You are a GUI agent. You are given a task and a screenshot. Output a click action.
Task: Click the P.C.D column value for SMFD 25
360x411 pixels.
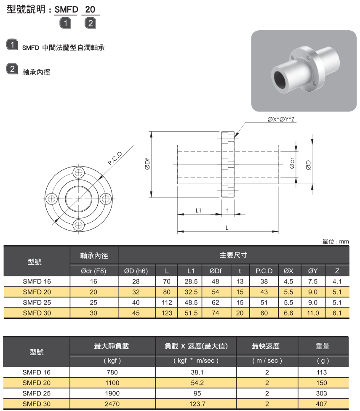[x=264, y=302]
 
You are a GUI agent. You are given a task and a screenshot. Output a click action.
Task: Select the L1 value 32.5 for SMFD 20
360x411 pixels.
[x=191, y=292]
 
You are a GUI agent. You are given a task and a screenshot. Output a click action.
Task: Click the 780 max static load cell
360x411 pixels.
[x=112, y=372]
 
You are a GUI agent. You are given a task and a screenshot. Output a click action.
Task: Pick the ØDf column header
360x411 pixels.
[x=215, y=271]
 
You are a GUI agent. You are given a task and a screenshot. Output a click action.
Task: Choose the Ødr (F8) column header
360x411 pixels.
[x=94, y=271]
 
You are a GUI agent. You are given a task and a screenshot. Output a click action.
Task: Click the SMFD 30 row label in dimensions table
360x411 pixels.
[x=37, y=313]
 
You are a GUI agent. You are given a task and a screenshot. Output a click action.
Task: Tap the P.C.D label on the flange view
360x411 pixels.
[x=115, y=158]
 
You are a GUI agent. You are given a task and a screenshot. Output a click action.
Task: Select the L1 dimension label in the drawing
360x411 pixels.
[x=199, y=210]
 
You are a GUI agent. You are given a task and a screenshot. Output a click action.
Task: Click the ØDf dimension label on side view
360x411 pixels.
[x=147, y=164]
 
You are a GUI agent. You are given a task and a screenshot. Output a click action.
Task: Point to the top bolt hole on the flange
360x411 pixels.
[x=78, y=172]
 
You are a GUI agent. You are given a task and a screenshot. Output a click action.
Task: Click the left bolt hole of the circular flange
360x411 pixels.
[x=52, y=198]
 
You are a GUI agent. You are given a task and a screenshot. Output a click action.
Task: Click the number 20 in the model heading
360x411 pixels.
[x=90, y=9]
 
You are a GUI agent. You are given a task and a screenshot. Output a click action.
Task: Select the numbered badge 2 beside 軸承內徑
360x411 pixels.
[x=13, y=69]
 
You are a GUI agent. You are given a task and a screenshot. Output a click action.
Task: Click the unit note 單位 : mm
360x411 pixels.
[x=336, y=241]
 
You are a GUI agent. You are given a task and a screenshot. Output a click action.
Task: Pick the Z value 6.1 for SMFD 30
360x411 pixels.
[x=337, y=313]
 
